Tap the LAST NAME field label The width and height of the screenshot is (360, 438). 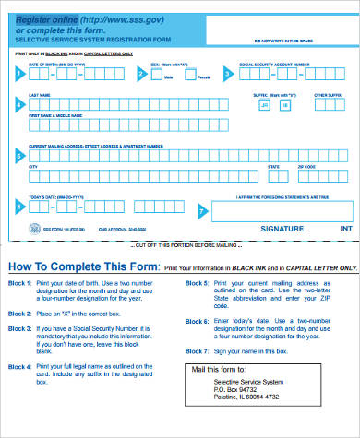click(40, 94)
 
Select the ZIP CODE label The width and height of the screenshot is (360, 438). click(306, 167)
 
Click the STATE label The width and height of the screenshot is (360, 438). click(273, 167)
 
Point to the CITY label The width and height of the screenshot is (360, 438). click(33, 167)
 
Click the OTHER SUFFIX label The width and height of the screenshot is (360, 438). click(327, 94)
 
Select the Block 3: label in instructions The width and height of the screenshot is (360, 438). click(20, 329)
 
